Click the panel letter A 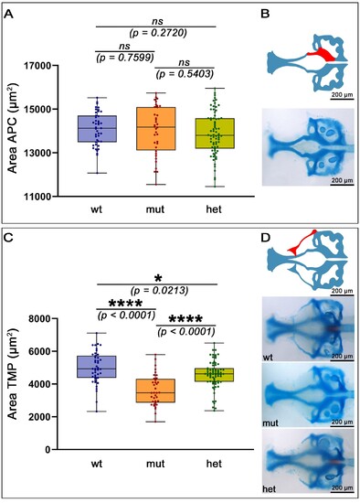pyautogui.click(x=9, y=15)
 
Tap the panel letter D pyautogui.click(x=266, y=238)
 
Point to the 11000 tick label pyautogui.click(x=37, y=197)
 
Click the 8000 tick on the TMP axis pyautogui.click(x=41, y=318)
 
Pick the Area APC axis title pyautogui.click(x=13, y=128)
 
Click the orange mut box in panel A pyautogui.click(x=156, y=129)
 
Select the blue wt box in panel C pyautogui.click(x=97, y=367)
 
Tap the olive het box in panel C pyautogui.click(x=215, y=375)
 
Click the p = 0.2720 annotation pyautogui.click(x=158, y=33)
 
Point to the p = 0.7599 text pyautogui.click(x=125, y=58)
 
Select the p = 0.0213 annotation pyautogui.click(x=159, y=291)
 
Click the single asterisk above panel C pyautogui.click(x=158, y=278)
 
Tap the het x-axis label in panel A pyautogui.click(x=214, y=209)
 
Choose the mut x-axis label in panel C pyautogui.click(x=155, y=464)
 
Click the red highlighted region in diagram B pyautogui.click(x=323, y=54)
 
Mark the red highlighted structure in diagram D pyautogui.click(x=301, y=243)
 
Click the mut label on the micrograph pyautogui.click(x=270, y=423)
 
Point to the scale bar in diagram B pyautogui.click(x=342, y=100)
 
